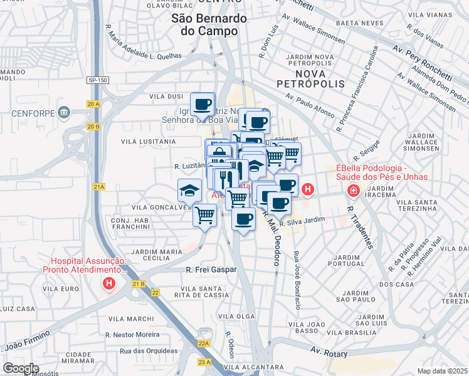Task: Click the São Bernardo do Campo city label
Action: [209, 25]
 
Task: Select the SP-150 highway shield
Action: [97, 80]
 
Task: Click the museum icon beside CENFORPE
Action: [63, 113]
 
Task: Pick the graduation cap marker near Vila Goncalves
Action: [189, 189]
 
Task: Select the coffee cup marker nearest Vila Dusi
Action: [202, 103]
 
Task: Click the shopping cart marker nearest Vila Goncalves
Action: [206, 216]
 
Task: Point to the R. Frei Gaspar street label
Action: [211, 269]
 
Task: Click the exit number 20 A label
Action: [94, 104]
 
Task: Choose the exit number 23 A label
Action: [203, 362]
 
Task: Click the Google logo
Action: [21, 368]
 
